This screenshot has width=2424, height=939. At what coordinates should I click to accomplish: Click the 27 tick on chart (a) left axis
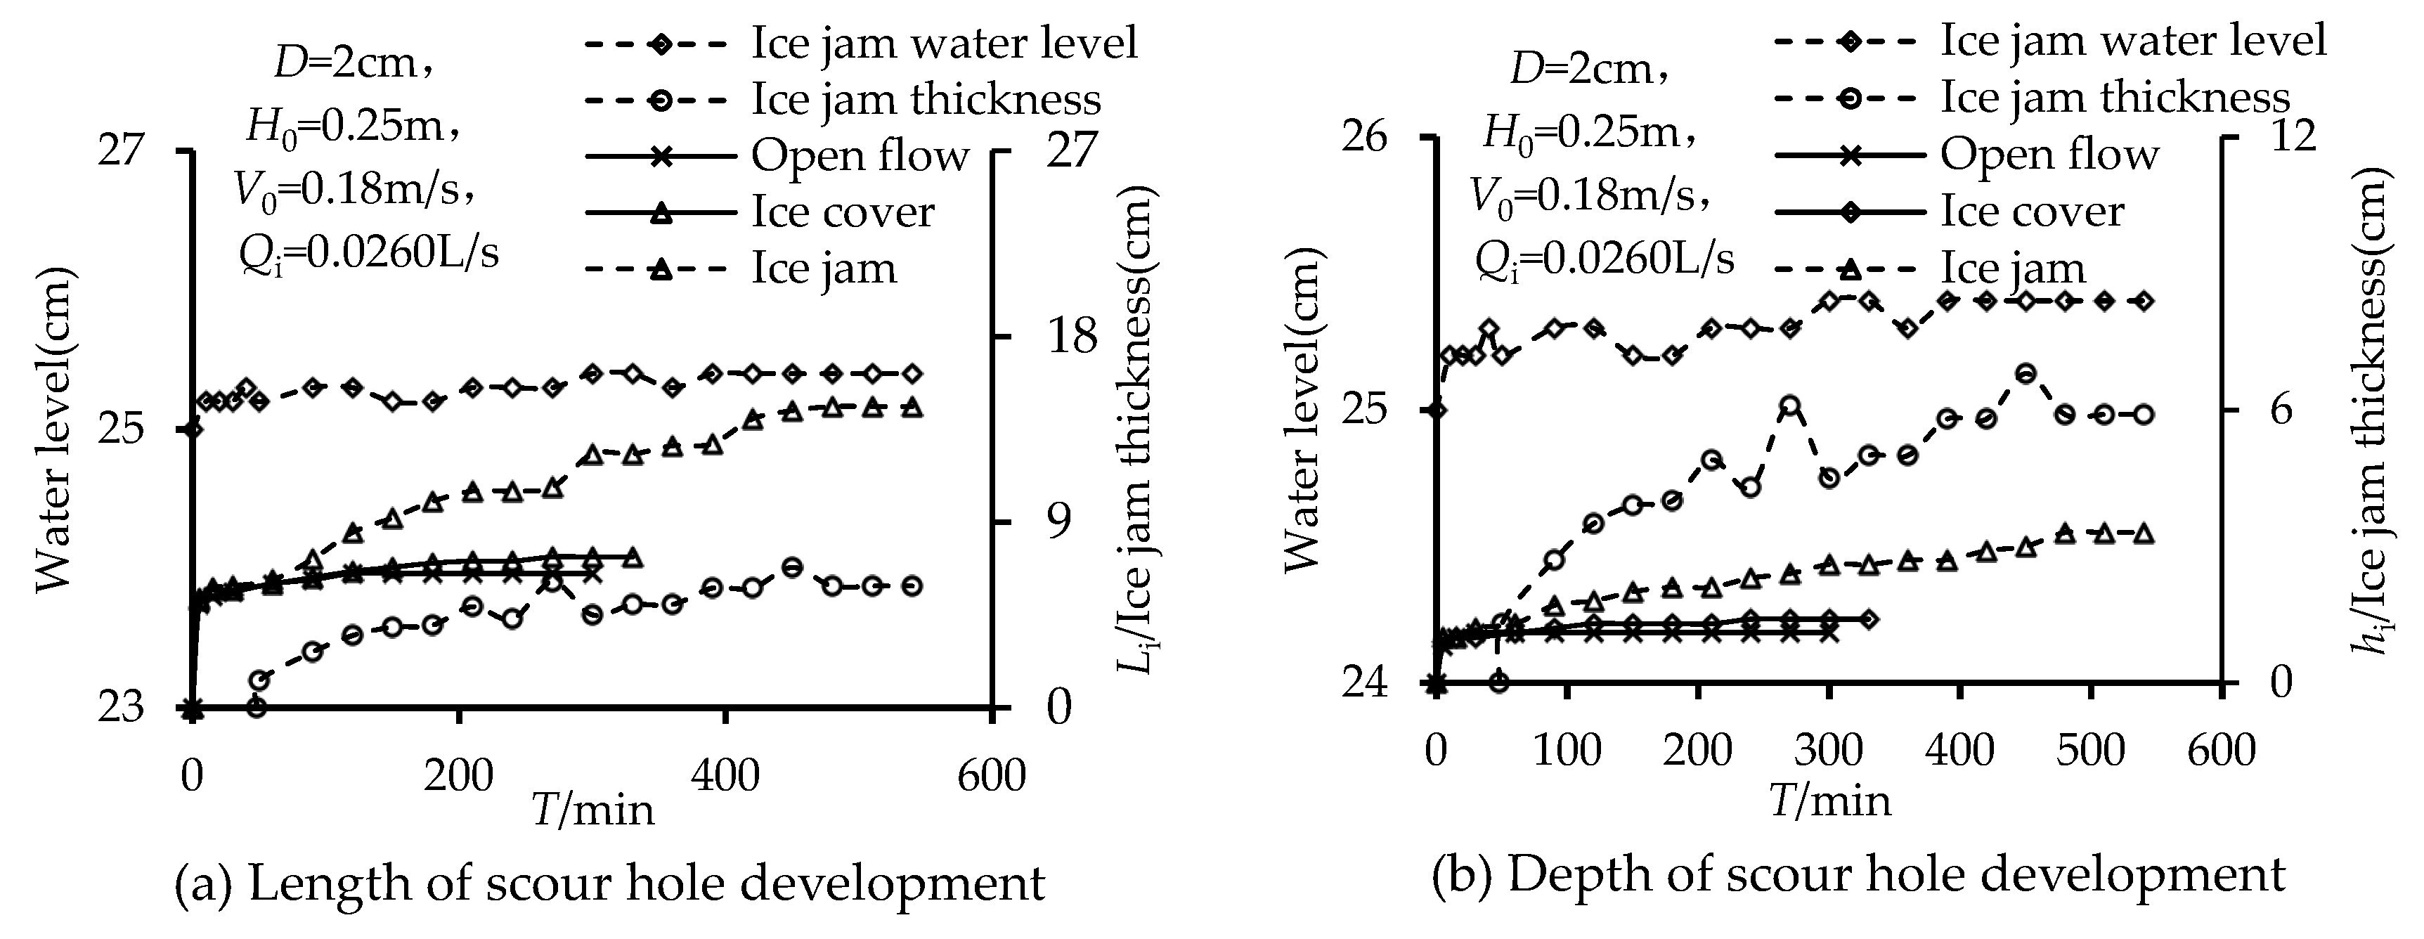click(x=120, y=150)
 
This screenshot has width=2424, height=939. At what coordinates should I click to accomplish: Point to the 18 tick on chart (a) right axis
click(x=1072, y=337)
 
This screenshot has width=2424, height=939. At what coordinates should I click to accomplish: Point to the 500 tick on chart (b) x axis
click(x=2090, y=751)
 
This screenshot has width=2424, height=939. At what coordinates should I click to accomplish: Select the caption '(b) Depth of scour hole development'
click(x=1858, y=876)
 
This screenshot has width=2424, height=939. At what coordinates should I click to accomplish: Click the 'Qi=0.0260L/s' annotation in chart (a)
click(x=368, y=254)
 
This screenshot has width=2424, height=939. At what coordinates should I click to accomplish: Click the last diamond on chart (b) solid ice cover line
click(x=1869, y=619)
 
